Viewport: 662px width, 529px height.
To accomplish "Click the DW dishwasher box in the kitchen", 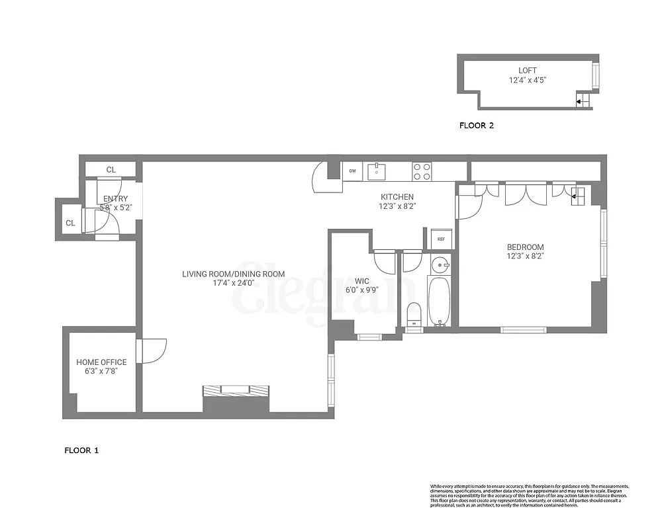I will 352,171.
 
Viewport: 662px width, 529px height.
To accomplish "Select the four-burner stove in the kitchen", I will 422,171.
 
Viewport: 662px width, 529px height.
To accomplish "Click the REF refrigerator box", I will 440,239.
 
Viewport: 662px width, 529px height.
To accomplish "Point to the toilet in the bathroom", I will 414,313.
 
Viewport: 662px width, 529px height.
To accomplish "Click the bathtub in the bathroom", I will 439,300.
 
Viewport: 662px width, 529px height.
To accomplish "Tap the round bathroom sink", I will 439,265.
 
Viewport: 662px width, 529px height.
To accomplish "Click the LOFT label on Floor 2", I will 528,70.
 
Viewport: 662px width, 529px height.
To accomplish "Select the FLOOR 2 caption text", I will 477,125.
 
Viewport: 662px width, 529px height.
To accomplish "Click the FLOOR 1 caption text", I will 81,450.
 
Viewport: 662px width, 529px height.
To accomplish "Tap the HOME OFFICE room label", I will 101,362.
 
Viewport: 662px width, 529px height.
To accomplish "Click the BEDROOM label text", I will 525,247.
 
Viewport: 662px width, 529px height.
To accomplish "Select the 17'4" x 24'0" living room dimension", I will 234,283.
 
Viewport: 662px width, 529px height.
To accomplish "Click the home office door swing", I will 152,350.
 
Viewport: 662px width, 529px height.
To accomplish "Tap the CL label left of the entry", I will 70,224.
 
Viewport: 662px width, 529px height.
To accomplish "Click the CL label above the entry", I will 111,170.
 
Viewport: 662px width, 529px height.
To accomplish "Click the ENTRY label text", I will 115,198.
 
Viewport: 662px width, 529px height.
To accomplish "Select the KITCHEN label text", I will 397,197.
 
